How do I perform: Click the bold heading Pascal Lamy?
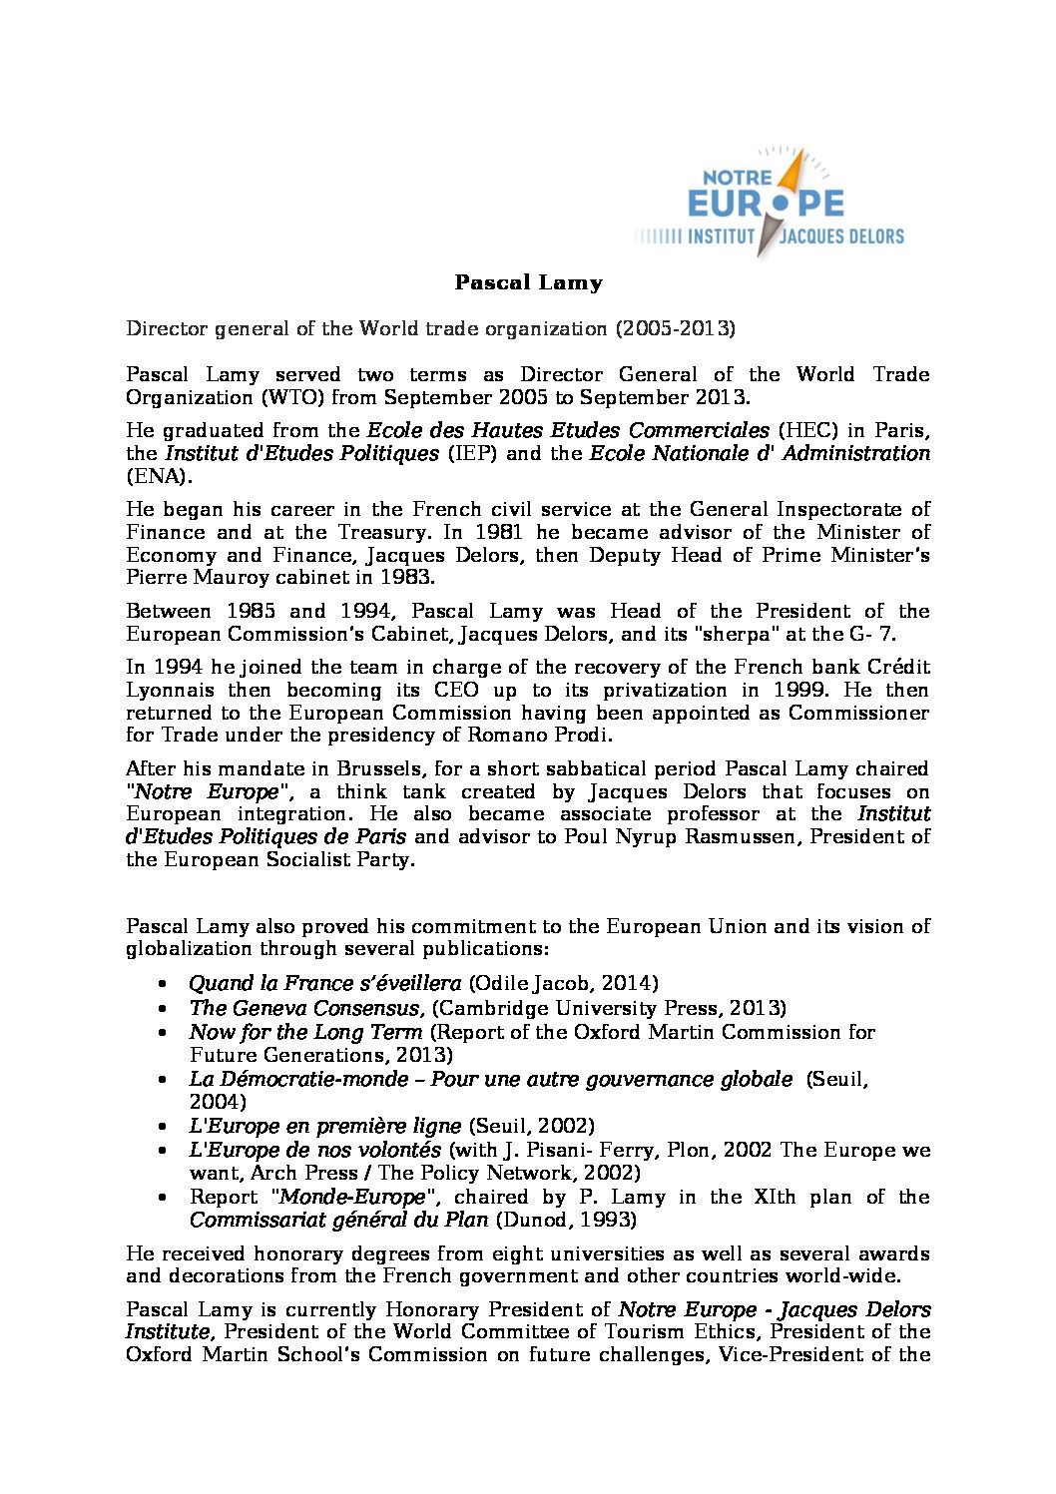coord(528,282)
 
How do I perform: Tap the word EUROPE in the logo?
coord(767,205)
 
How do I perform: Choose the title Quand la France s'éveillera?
coord(325,983)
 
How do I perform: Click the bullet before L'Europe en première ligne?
coord(164,1127)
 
